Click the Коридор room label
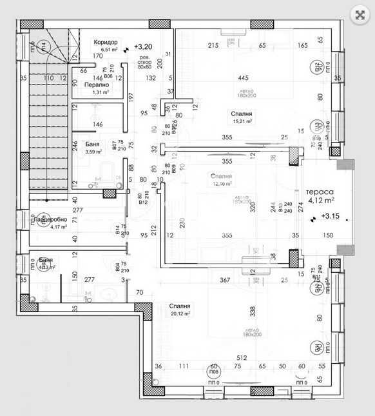pos(106,41)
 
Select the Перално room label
pos(96,84)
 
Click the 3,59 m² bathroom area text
pos(95,152)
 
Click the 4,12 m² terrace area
pos(323,201)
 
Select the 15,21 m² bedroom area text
pos(242,121)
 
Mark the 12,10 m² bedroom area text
pos(221,183)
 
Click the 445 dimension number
pos(243,78)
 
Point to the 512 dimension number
pos(242,359)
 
